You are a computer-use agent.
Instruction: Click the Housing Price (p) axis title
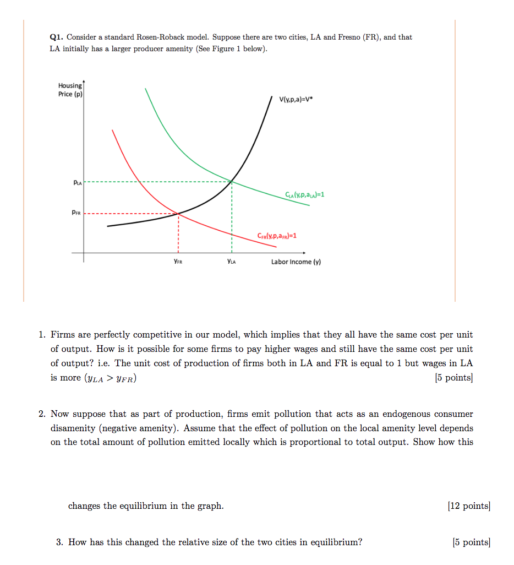click(70, 90)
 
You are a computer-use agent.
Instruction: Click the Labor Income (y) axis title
click(296, 262)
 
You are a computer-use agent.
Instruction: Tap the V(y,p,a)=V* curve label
click(300, 100)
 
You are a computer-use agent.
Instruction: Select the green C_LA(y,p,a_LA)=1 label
click(305, 194)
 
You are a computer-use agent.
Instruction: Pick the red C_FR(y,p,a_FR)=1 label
click(277, 236)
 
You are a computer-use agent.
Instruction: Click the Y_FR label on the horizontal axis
click(178, 262)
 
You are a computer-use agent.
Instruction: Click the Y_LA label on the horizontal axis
click(231, 262)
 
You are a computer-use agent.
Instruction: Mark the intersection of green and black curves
click(232, 181)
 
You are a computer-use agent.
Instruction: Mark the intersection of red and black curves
click(178, 213)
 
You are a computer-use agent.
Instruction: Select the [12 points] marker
click(469, 506)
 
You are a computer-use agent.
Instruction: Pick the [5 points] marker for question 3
click(471, 542)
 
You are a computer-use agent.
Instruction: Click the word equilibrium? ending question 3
click(336, 542)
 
